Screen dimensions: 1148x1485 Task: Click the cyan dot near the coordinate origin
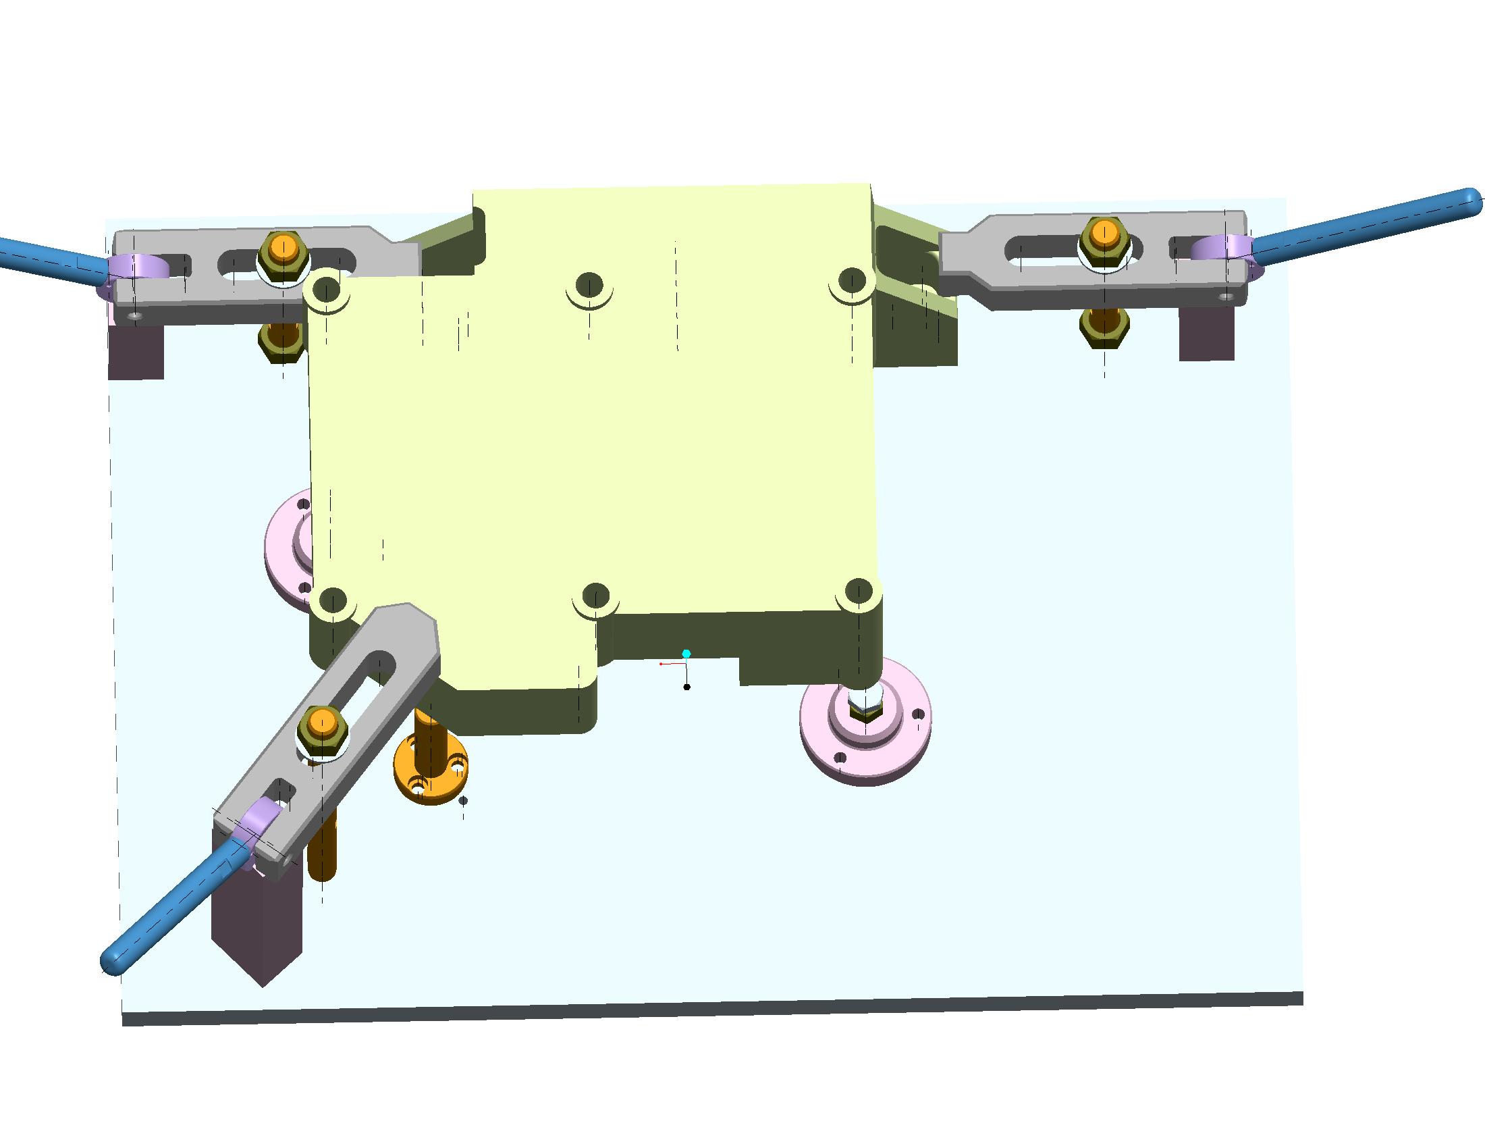click(x=686, y=654)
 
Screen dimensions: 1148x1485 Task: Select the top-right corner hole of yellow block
click(x=851, y=280)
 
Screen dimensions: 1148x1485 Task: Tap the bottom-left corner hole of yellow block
click(x=333, y=600)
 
